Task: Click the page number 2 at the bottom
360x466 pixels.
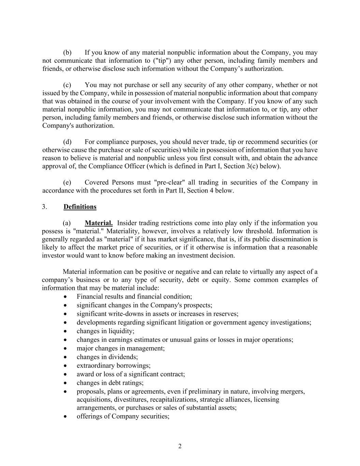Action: coord(180,446)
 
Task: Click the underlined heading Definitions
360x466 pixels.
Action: coord(80,207)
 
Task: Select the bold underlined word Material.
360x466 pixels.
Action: coord(99,223)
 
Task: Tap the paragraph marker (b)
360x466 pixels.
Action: coord(67,53)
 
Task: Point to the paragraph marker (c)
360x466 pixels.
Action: coord(67,85)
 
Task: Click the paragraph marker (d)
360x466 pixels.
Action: coord(67,142)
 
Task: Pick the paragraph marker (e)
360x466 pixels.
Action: coord(67,183)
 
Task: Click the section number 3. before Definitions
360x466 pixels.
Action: coord(45,207)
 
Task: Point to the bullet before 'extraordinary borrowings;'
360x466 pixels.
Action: coord(65,366)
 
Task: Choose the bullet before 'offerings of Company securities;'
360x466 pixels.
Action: coord(65,417)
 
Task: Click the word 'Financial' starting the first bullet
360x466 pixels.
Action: coord(89,297)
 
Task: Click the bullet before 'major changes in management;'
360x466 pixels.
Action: coord(65,349)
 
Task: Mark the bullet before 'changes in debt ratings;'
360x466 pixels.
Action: coord(65,383)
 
